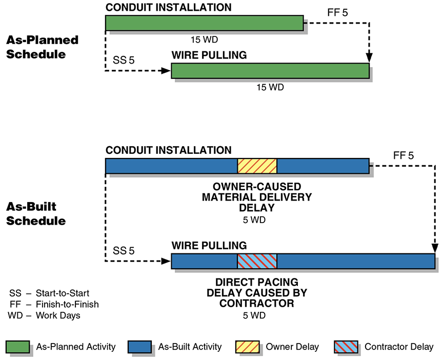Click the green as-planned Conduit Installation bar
tap(204, 23)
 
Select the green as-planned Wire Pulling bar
tap(270, 71)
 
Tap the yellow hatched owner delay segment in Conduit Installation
tap(257, 166)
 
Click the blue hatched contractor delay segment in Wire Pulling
tap(257, 261)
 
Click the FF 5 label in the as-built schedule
tap(402, 155)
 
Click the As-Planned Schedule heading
tap(42, 47)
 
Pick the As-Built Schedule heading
tap(36, 214)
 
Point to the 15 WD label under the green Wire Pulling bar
tap(270, 87)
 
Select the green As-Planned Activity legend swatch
tap(18, 347)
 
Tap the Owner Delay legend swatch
tap(248, 347)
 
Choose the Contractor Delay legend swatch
tap(347, 347)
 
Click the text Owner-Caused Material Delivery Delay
tap(257, 197)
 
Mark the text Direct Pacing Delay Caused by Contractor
tap(257, 293)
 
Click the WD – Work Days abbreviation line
tap(44, 315)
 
